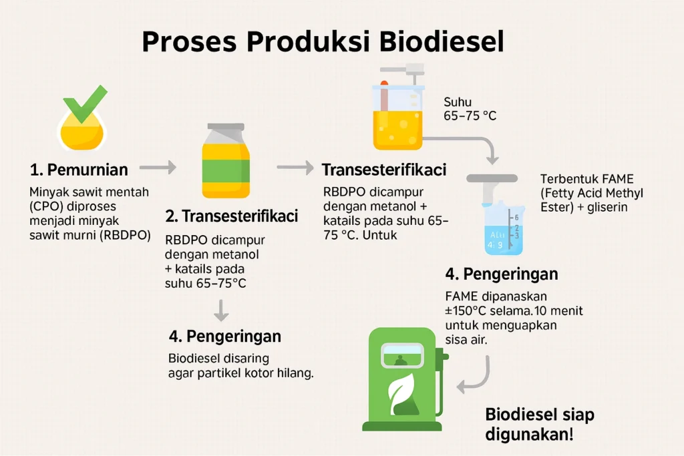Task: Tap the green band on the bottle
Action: (x=226, y=171)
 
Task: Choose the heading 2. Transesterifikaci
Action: (x=231, y=216)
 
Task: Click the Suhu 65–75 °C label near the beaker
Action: (x=470, y=109)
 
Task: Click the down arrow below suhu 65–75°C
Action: (x=222, y=310)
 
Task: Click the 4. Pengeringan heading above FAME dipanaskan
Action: (x=502, y=274)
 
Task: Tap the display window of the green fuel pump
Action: (x=402, y=356)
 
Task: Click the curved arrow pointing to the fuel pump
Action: (x=478, y=378)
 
